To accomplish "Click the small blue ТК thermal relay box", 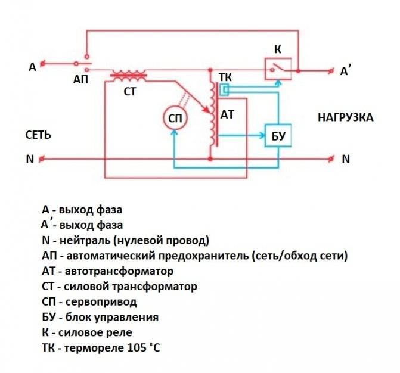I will pos(224,90).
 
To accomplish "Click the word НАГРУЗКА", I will pos(346,117).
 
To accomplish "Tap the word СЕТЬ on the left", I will pos(38,135).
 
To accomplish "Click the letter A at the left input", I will pos(32,67).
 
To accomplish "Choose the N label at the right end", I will pos(346,160).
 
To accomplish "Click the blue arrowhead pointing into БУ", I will pos(262,136).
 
